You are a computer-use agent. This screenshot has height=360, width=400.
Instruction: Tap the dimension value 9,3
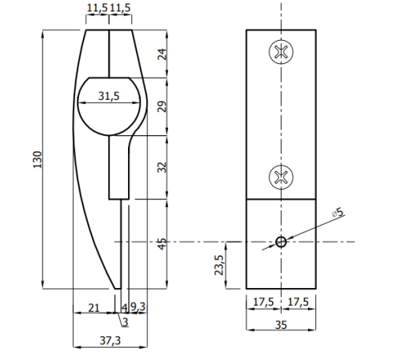pyautogui.click(x=138, y=307)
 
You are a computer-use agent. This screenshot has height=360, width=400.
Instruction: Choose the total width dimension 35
pyautogui.click(x=281, y=324)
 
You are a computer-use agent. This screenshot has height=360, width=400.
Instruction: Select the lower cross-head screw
pyautogui.click(x=281, y=175)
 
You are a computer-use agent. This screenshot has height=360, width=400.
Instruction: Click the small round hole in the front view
pyautogui.click(x=281, y=242)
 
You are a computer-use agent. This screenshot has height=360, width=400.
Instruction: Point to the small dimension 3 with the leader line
pyautogui.click(x=125, y=322)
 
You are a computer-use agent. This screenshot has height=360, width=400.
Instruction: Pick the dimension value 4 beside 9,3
pyautogui.click(x=124, y=307)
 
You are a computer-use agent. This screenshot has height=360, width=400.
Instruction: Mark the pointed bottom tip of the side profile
pyautogui.click(x=114, y=287)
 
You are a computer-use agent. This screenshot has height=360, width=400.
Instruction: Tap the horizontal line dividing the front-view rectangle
pyautogui.click(x=281, y=198)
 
